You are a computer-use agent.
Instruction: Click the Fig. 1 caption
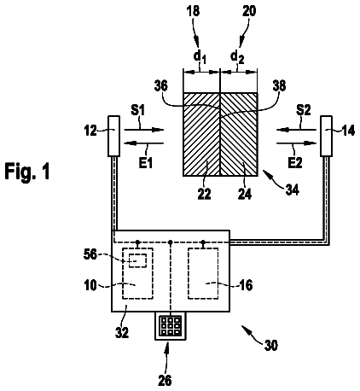pyautogui.click(x=27, y=172)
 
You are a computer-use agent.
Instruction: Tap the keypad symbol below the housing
pyautogui.click(x=171, y=325)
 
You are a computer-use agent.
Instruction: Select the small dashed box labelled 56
pyautogui.click(x=137, y=260)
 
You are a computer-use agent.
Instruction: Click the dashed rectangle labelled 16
pyautogui.click(x=203, y=273)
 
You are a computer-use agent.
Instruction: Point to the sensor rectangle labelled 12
pyautogui.click(x=113, y=136)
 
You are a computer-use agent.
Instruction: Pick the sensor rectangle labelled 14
pyautogui.click(x=327, y=136)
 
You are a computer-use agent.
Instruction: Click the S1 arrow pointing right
pyautogui.click(x=144, y=130)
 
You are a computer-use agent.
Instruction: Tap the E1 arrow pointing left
pyautogui.click(x=144, y=143)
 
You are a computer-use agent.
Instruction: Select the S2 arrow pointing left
pyautogui.click(x=296, y=130)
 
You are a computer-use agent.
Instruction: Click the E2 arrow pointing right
pyautogui.click(x=296, y=143)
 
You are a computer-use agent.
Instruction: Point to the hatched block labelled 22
pyautogui.click(x=201, y=134)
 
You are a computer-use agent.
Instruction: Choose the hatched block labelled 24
pyautogui.click(x=239, y=134)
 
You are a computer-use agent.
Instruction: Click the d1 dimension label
pyautogui.click(x=200, y=57)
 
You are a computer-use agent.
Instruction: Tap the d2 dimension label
pyautogui.click(x=237, y=57)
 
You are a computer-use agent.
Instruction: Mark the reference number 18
pyautogui.click(x=193, y=11)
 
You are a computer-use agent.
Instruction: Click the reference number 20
pyautogui.click(x=249, y=11)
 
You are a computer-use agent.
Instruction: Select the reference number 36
pyautogui.click(x=161, y=86)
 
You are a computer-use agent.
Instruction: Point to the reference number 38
pyautogui.click(x=279, y=86)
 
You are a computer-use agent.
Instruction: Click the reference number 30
pyautogui.click(x=270, y=346)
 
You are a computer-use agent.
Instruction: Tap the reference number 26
pyautogui.click(x=165, y=380)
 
